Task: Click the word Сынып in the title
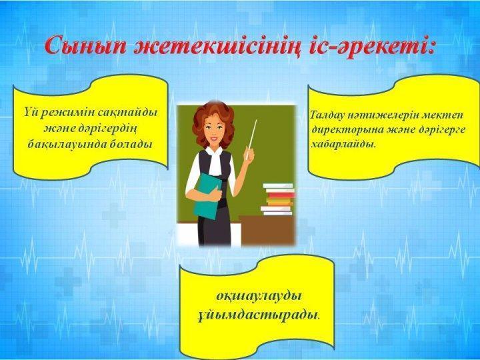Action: pos(85,45)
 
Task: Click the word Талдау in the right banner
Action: pos(327,115)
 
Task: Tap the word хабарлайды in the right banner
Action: pos(343,144)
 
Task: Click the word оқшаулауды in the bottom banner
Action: pos(259,297)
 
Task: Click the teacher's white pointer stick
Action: pos(251,139)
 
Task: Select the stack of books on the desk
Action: pos(277,199)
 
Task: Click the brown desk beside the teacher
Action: pos(267,229)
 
